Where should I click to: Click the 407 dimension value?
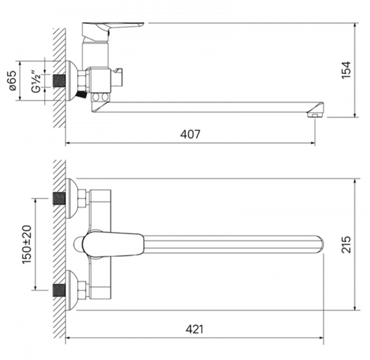point(190,134)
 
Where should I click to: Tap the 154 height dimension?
point(346,70)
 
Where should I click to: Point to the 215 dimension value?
point(346,244)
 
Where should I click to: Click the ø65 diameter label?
point(12,81)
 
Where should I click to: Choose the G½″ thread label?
point(36,81)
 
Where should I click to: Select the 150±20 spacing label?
point(27,245)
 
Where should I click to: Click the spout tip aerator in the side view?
point(315,115)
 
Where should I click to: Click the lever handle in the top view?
point(113,244)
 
